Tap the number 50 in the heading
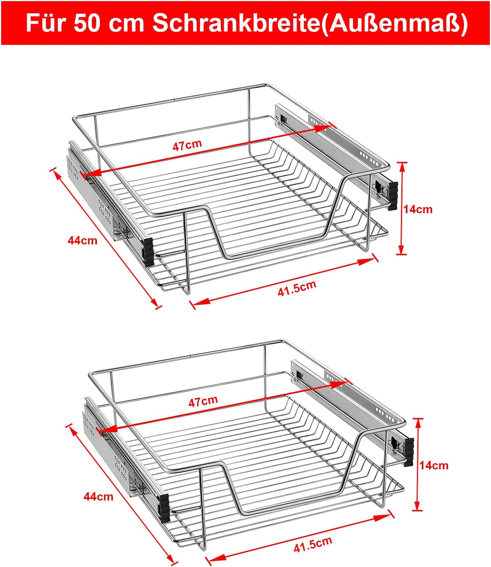[x=87, y=24]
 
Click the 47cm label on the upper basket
[x=187, y=145]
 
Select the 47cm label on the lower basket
[x=203, y=401]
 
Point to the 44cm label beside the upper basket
[x=82, y=241]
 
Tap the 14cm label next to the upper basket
[x=418, y=209]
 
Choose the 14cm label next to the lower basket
[x=434, y=466]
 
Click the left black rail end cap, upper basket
[x=148, y=252]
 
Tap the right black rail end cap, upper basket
[x=393, y=196]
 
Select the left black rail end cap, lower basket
[x=164, y=508]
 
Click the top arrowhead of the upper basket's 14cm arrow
[x=402, y=168]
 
